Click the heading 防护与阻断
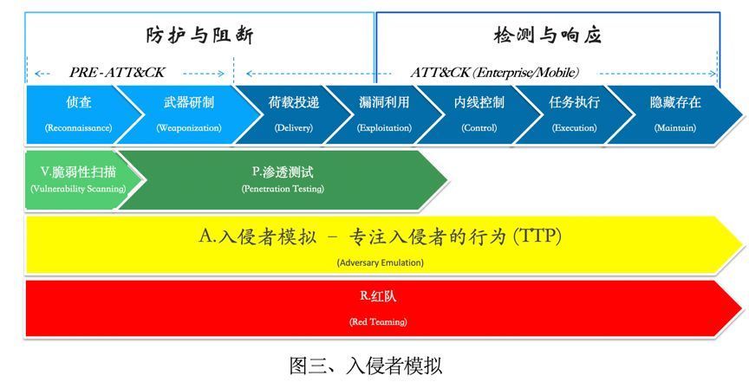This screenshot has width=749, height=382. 199,36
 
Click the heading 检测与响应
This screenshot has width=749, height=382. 547,36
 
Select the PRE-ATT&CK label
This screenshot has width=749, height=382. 117,73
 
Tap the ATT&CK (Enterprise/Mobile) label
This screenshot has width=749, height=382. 495,73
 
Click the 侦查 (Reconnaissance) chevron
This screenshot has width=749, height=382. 79,114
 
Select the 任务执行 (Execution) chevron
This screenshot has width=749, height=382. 574,114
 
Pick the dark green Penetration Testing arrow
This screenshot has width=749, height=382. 283,180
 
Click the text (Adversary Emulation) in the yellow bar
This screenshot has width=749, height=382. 381,262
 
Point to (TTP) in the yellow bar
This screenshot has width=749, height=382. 537,236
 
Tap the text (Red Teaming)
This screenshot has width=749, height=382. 378,321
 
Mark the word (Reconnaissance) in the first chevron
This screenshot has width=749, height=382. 79,128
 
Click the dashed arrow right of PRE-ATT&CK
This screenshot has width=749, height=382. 204,74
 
